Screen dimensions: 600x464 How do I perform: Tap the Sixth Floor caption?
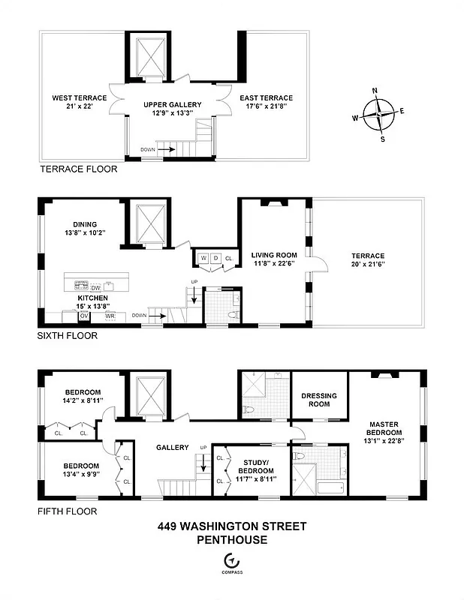68,336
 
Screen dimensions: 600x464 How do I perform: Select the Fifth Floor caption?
67,511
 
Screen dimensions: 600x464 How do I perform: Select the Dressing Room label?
319,400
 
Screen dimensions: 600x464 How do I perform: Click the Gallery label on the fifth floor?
172,448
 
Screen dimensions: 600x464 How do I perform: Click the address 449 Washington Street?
232,526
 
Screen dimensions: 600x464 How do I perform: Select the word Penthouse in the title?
232,539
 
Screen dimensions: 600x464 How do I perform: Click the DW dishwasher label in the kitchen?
96,287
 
